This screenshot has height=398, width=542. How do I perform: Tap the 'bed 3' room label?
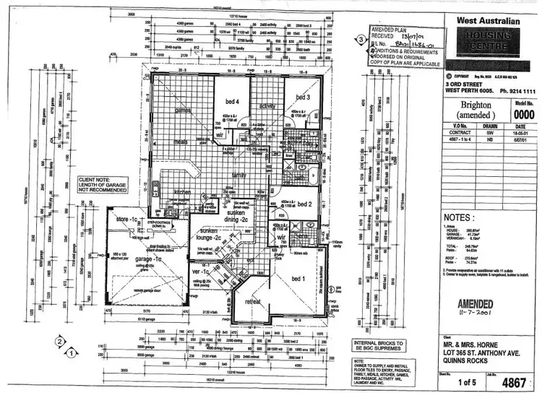[x=302, y=96]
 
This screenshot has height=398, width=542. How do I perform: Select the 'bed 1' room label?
[x=298, y=279]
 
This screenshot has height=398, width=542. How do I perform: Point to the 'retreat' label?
[x=253, y=301]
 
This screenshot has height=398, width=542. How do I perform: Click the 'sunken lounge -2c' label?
[x=210, y=235]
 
